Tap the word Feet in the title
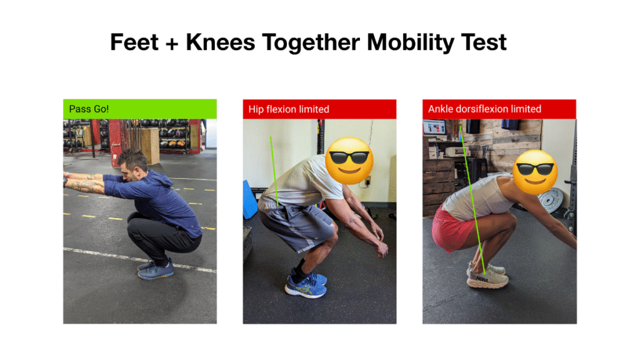(134, 42)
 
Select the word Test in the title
(484, 42)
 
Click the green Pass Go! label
(140, 109)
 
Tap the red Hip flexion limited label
(319, 109)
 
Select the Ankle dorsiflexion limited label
(499, 109)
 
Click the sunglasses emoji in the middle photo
(349, 161)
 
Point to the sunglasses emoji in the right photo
(535, 172)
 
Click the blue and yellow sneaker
(306, 284)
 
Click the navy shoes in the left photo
(156, 269)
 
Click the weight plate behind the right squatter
(551, 201)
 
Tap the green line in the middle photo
(274, 171)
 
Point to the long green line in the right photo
(472, 200)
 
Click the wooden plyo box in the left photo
(147, 145)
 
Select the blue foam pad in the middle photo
(249, 200)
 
